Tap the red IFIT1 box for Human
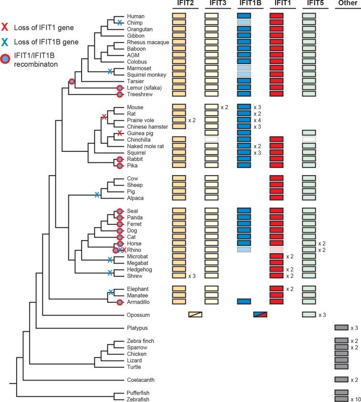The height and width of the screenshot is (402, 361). pos(277,16)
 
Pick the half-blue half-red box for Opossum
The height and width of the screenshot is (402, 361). pos(260,315)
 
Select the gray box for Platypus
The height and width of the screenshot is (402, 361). pos(341,328)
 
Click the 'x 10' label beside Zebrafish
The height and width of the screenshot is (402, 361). pos(355,399)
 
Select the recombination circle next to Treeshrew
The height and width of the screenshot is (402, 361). pos(120,94)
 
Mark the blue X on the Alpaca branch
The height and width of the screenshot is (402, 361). pos(97,194)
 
